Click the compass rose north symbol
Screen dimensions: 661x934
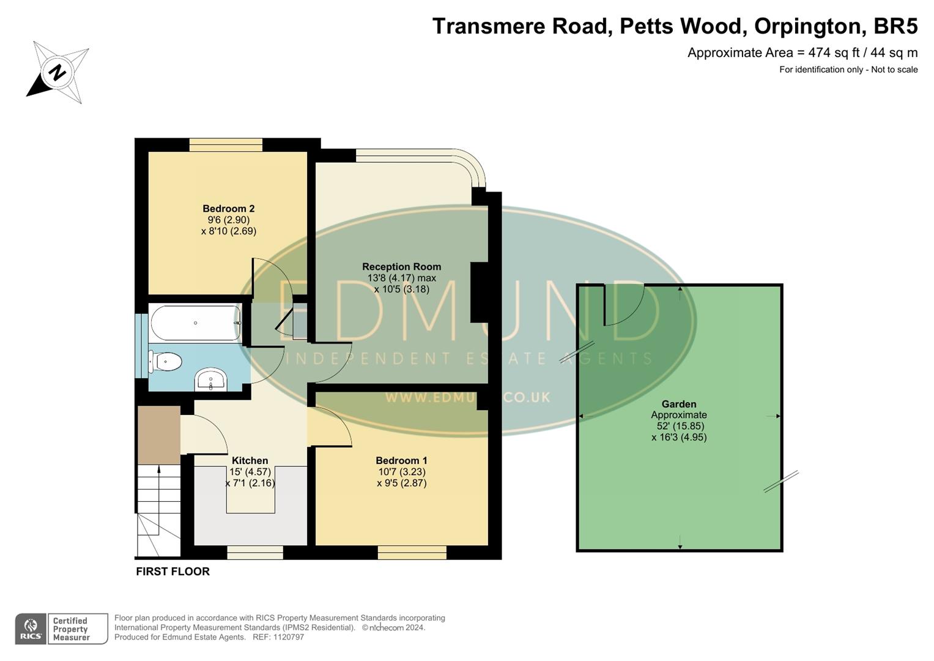point(58,73)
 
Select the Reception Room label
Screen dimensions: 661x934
point(401,267)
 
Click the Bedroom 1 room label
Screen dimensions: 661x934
point(401,461)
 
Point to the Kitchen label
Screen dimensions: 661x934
point(250,461)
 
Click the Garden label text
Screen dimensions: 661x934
point(678,404)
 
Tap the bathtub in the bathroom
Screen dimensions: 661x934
point(196,323)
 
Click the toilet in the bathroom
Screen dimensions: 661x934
point(165,362)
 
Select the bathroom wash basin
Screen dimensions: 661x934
point(210,381)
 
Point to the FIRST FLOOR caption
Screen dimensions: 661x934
point(172,572)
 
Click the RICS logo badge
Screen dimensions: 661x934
point(31,629)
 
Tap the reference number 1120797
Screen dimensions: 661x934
point(287,637)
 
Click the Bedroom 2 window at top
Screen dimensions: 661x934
point(226,145)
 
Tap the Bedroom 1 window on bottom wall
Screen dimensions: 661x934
point(412,553)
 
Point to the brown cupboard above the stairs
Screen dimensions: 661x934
point(158,435)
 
